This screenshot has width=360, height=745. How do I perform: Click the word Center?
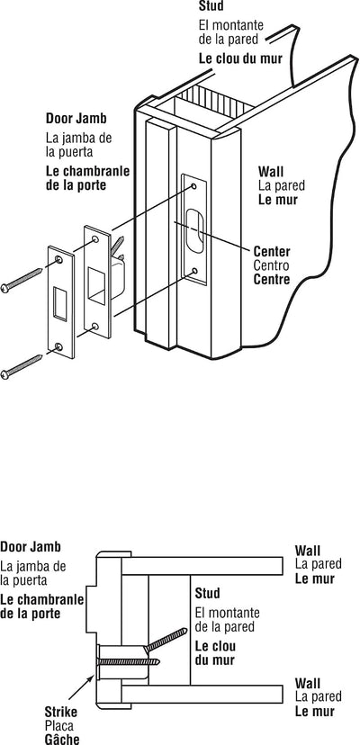tap(272, 251)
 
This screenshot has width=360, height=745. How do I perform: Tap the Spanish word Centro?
tap(271, 265)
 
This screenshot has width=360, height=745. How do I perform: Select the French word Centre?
tap(272, 279)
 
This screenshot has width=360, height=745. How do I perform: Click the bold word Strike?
tap(61, 713)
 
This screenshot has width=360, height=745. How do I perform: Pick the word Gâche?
tap(62, 739)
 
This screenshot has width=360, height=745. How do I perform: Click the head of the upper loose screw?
tap(4, 288)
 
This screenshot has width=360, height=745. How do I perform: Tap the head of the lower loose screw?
tap(4, 375)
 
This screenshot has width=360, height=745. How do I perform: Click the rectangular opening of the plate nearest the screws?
tap(60, 303)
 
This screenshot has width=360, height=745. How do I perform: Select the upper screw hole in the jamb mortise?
tap(194, 186)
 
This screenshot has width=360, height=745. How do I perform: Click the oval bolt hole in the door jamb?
tap(195, 230)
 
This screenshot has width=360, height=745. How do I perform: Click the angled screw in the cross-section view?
tap(166, 640)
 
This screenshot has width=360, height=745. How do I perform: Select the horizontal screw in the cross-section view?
tap(129, 661)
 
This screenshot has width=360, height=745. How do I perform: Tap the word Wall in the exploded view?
tap(271, 171)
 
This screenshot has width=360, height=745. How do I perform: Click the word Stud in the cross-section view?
tap(207, 594)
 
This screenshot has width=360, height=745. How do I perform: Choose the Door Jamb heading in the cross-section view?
tap(31, 547)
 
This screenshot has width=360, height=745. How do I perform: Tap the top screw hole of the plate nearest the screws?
tap(58, 259)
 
